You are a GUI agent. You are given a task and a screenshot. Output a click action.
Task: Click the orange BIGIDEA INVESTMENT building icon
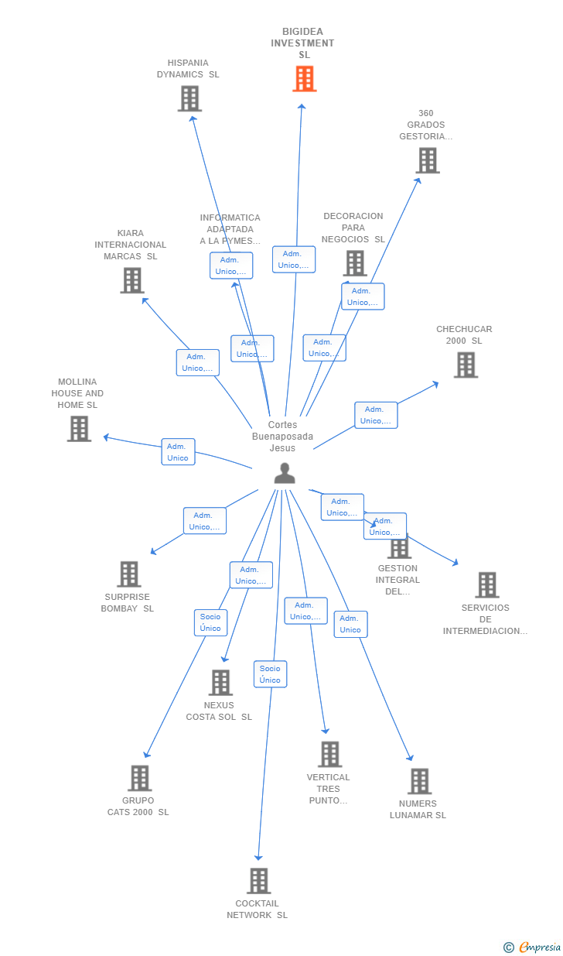(x=305, y=79)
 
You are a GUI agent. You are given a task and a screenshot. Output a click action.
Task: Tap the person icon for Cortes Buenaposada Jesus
(x=285, y=473)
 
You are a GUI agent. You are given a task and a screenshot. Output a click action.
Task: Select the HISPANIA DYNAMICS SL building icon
(x=189, y=99)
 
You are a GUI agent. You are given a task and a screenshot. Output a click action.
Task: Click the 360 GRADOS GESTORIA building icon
(x=428, y=160)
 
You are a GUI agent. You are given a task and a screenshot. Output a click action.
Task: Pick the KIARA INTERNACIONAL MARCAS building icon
(x=132, y=280)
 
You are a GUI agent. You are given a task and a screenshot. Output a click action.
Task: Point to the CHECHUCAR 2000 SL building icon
(x=466, y=365)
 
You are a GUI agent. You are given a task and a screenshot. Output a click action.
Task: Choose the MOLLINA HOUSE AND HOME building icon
(x=79, y=429)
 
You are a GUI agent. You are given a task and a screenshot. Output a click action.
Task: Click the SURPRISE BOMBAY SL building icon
(x=129, y=574)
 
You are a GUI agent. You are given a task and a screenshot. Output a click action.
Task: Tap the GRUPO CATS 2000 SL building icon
(x=139, y=778)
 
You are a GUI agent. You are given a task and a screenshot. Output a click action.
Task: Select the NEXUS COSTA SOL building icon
(x=221, y=683)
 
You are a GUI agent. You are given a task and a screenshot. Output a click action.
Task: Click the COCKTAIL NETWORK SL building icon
(x=258, y=881)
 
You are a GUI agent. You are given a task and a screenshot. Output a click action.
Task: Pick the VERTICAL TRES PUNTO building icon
(x=329, y=755)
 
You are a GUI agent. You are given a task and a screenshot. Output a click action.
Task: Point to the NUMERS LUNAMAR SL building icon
(x=419, y=781)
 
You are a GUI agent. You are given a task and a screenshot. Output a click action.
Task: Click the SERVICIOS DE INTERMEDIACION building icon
(x=486, y=585)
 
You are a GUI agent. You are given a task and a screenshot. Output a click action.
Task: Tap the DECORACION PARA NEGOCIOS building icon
(x=355, y=263)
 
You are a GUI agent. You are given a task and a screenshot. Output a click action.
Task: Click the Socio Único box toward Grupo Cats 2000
(x=210, y=622)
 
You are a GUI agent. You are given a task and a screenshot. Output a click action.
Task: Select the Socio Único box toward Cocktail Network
(x=270, y=674)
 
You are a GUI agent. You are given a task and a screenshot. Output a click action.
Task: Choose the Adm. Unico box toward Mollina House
(x=178, y=452)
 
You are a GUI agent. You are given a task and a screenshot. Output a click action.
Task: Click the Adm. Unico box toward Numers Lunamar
(x=350, y=624)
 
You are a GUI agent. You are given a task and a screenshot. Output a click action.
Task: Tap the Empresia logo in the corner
(x=539, y=947)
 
